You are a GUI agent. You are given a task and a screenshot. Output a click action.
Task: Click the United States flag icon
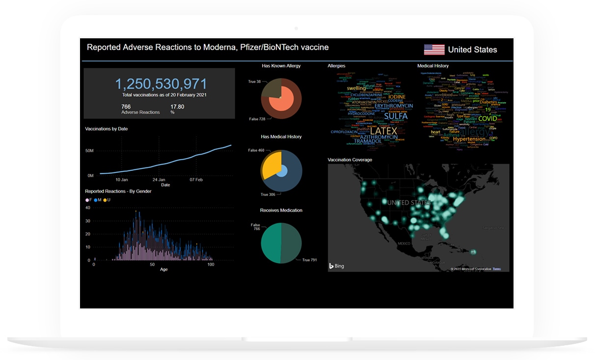pos(434,49)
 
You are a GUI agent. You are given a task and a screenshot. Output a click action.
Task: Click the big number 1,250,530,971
pos(161,84)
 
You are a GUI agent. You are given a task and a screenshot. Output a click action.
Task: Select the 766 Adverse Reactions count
pos(126,107)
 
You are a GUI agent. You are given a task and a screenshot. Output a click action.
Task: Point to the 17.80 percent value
pos(177,107)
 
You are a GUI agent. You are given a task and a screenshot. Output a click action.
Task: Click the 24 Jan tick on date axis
pos(159,180)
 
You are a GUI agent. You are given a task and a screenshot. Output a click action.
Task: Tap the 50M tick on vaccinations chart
pos(89,151)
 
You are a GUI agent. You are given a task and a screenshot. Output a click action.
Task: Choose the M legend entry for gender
pos(98,200)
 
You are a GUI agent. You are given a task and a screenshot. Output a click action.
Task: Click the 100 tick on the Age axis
pos(211,265)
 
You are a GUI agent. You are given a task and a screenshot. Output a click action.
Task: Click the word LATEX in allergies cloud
pos(383,131)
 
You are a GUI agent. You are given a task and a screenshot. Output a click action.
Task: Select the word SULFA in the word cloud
pos(396,116)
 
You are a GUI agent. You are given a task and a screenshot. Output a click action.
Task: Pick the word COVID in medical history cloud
pos(487,118)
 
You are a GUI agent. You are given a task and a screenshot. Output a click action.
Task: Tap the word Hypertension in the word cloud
pos(468,139)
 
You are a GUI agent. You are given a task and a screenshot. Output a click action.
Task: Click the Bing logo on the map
pos(337,266)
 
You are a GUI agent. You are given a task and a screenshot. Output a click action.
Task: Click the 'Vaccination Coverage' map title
pos(350,160)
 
